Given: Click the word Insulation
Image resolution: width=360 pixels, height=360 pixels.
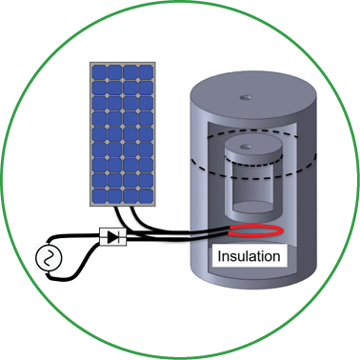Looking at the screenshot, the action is tap(249, 256).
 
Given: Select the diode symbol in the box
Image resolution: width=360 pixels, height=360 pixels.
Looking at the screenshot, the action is tap(113, 237).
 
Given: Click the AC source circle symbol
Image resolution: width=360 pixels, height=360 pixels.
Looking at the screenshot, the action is tap(49, 258).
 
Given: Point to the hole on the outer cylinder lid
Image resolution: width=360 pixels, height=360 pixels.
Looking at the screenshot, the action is tap(246, 98).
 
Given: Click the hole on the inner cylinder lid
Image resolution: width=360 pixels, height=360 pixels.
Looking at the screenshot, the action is tap(246, 147).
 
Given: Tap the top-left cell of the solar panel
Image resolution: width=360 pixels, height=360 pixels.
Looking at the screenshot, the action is tap(99, 72).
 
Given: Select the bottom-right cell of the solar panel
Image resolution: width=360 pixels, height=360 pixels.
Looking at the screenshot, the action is tap(146, 196).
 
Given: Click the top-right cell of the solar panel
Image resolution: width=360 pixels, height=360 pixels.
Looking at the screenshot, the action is tap(146, 72).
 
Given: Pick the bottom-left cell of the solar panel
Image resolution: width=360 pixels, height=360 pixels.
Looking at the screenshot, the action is tap(99, 196).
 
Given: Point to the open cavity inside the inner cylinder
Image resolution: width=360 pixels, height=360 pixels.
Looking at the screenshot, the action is tap(253, 188).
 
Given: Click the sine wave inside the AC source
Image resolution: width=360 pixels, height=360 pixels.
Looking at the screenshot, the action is tap(49, 258).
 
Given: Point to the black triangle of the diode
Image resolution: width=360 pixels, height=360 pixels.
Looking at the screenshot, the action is tap(112, 237).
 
